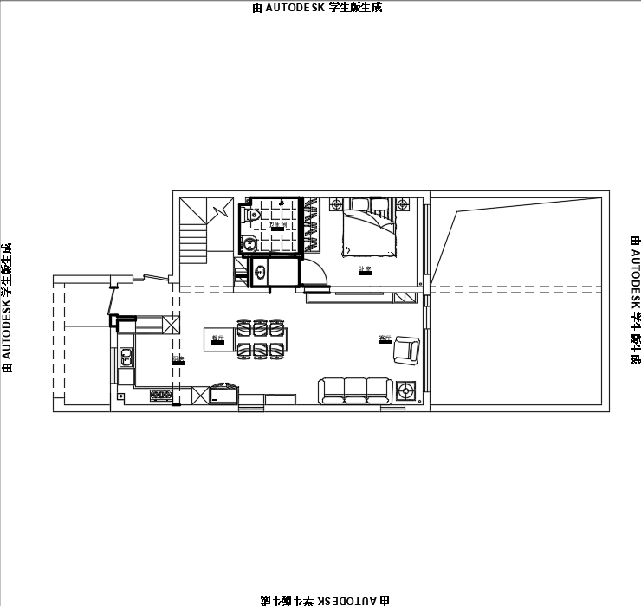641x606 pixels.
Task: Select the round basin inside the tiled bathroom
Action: point(249,243)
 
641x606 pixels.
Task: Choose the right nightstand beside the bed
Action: point(405,204)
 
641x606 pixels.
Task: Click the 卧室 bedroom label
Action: point(365,268)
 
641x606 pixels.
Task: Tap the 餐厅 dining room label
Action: point(217,339)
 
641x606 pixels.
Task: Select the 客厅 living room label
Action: point(385,339)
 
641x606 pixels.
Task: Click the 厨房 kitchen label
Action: point(178,358)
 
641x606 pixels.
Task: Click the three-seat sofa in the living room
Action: point(355,390)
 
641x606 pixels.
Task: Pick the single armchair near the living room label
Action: point(405,351)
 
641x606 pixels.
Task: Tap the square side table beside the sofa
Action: point(405,391)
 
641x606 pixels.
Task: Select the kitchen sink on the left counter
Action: point(126,356)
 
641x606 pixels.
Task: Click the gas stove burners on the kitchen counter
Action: point(160,396)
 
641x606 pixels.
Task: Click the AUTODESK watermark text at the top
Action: point(316,8)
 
